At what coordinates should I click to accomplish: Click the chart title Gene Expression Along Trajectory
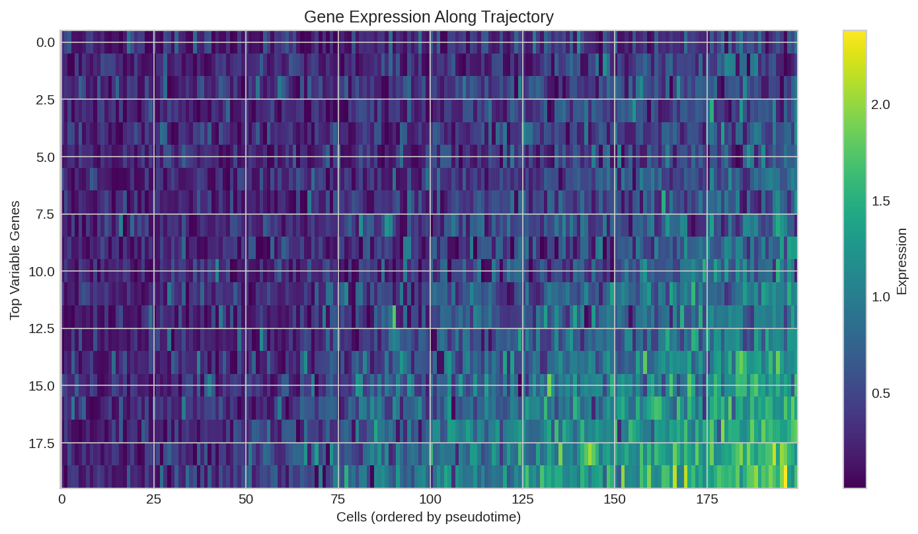(429, 17)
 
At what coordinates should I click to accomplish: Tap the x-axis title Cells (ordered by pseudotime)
(429, 517)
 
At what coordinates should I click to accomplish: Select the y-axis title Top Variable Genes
(15, 260)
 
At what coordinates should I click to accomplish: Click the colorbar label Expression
(901, 261)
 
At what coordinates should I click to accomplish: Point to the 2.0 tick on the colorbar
(881, 105)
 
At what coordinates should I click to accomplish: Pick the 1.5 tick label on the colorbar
(881, 201)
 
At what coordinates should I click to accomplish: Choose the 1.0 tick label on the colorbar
(881, 297)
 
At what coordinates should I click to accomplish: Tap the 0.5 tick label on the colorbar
(881, 393)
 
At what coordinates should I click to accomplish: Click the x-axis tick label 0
(62, 500)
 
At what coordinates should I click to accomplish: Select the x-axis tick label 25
(154, 500)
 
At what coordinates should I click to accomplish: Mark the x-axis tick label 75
(338, 500)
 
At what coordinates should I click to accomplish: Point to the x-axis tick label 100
(430, 500)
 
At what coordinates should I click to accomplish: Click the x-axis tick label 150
(615, 500)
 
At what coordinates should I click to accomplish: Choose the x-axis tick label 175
(707, 500)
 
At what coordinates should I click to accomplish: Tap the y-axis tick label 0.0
(46, 42)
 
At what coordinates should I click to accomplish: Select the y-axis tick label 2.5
(46, 100)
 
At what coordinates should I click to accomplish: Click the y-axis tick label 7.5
(46, 214)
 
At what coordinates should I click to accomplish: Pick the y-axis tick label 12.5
(42, 328)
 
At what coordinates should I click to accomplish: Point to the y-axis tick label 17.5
(42, 443)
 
